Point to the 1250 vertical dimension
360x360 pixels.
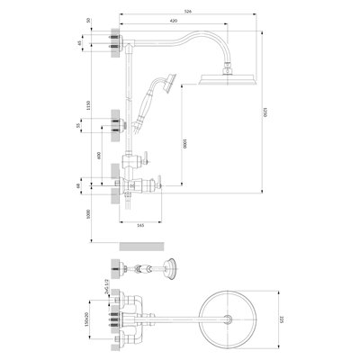pos(265,113)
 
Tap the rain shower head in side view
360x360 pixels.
pos(226,83)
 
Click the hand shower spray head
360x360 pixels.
pos(163,86)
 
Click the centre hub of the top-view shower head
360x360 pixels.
pos(234,319)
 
